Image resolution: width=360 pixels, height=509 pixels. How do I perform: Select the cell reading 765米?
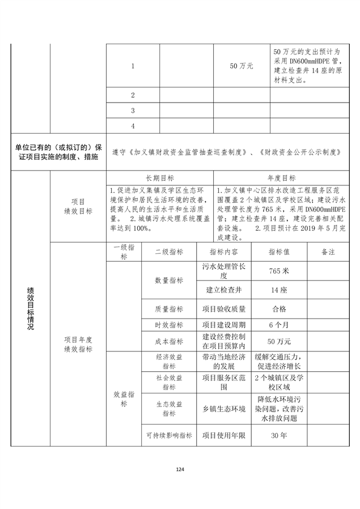coord(278,271)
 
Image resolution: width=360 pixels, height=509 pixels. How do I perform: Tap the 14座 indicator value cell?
coord(278,290)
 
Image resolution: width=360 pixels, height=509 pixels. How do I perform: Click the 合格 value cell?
coord(278,309)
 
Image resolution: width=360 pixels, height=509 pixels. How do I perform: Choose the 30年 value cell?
coord(278,436)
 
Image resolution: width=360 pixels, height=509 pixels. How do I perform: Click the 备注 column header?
coord(328,252)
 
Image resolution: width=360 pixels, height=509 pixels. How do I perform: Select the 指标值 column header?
coord(278,252)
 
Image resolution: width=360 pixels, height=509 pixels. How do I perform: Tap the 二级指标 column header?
coord(169,252)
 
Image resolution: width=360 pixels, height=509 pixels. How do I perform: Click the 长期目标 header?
coord(160,177)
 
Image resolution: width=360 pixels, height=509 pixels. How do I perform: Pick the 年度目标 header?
coord(281,177)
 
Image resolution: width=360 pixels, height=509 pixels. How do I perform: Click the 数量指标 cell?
coord(169,281)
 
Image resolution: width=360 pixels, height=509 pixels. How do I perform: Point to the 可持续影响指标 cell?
coord(169,436)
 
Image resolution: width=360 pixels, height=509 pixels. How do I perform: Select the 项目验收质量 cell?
coord(224,309)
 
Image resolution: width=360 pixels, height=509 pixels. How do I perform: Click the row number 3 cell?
coord(133,111)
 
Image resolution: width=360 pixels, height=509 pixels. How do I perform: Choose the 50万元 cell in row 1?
coord(242,66)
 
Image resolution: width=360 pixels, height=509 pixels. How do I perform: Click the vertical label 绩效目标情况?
coord(30,309)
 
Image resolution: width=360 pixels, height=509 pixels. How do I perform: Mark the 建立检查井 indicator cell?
coord(224,290)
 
